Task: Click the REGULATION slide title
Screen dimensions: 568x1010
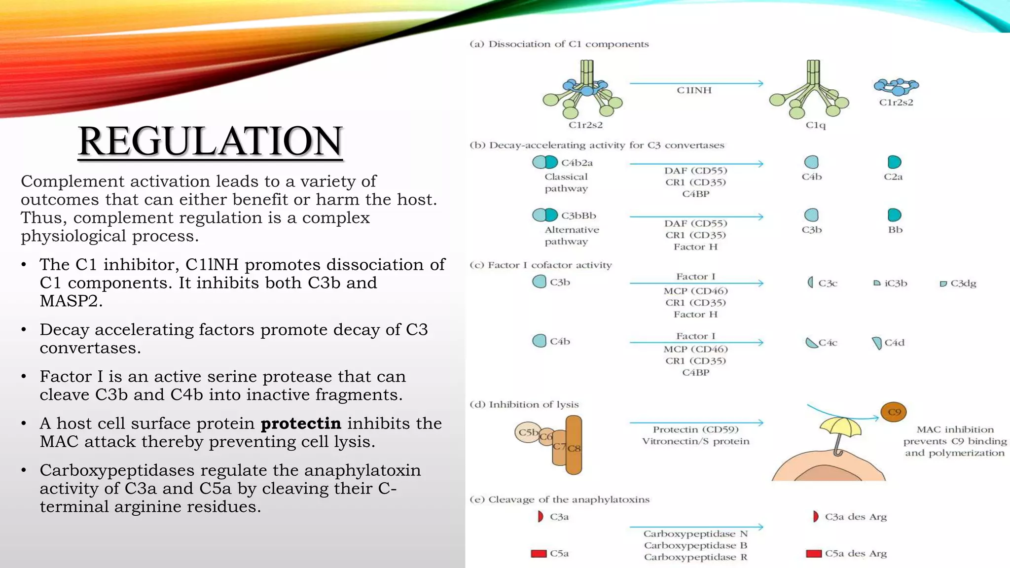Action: coord(210,142)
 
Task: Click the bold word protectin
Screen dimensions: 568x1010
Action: coord(301,424)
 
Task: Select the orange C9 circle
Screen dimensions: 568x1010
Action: coord(894,412)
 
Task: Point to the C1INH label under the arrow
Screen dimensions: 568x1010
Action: coord(694,90)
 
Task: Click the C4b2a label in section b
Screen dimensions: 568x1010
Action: coord(577,163)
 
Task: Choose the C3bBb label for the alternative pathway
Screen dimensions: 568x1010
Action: coord(578,215)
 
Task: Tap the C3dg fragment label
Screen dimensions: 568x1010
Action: coord(963,284)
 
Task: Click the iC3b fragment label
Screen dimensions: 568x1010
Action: coord(896,284)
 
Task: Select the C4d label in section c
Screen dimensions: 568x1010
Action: coord(894,343)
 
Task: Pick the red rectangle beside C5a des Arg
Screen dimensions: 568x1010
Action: coord(813,554)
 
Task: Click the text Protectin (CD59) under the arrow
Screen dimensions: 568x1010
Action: coord(695,429)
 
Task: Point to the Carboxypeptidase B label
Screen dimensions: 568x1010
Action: coord(695,545)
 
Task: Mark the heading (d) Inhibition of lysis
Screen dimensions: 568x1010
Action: coord(524,405)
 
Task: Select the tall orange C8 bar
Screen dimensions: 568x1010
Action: coord(574,444)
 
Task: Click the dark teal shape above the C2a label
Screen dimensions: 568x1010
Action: coord(894,162)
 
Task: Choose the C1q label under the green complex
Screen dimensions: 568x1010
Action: coord(815,125)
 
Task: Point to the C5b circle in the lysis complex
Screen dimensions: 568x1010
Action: coord(527,432)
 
